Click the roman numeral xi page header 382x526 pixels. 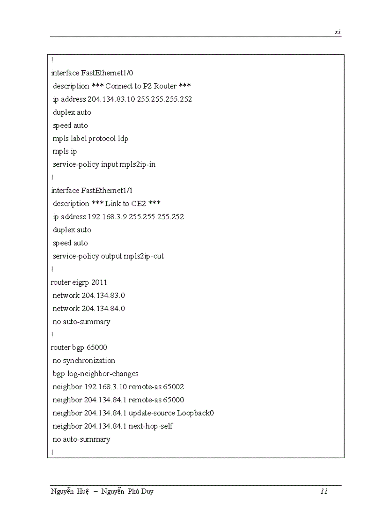338,32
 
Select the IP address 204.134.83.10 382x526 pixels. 111,99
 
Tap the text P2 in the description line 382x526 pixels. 147,86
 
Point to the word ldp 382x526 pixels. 123,138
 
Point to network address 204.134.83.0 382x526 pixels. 103,295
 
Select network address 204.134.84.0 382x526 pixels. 103,308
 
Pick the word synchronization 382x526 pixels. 89,360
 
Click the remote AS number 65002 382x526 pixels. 174,386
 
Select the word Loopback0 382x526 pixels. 195,413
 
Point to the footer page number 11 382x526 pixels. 324,491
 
